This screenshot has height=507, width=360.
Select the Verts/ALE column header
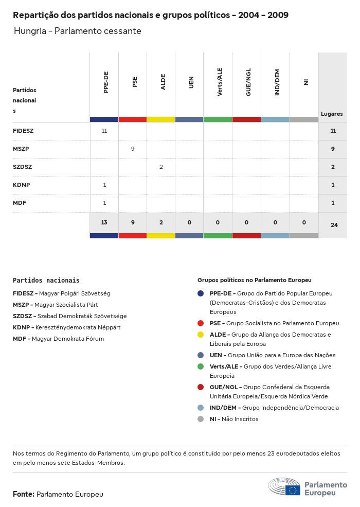click(x=220, y=82)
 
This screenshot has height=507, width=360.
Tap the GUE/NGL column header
click(x=248, y=82)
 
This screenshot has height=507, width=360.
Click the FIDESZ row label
click(x=23, y=131)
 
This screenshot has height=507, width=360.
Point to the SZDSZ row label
click(x=23, y=167)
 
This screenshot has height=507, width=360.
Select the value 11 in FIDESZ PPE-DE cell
click(x=104, y=131)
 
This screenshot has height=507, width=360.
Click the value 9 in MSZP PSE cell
click(x=133, y=149)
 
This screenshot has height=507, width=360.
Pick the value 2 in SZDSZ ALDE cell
click(x=161, y=167)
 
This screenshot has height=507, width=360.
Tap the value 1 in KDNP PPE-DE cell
click(x=104, y=185)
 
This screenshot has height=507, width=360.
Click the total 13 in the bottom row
click(x=104, y=222)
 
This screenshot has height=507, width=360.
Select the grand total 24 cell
click(x=334, y=225)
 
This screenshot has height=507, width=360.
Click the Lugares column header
click(x=332, y=114)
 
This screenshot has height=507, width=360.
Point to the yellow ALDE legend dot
click(x=201, y=335)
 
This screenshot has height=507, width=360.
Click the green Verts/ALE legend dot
click(x=201, y=366)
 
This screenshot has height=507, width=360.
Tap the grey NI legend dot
click(x=201, y=419)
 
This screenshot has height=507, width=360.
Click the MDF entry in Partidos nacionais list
click(x=21, y=339)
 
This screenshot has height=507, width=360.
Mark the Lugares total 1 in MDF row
click(x=333, y=203)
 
